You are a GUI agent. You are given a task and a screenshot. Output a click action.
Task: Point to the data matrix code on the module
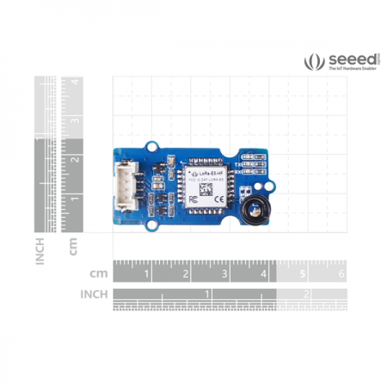point(207,186)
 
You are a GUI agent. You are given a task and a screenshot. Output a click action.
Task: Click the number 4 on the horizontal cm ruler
point(261,274)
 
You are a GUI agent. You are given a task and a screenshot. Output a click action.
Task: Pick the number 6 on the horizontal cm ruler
point(341,274)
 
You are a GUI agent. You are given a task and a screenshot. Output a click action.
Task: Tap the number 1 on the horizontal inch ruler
point(206,294)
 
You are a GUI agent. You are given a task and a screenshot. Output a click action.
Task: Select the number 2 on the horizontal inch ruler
point(306,294)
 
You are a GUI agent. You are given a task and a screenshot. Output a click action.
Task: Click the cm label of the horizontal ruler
point(99,273)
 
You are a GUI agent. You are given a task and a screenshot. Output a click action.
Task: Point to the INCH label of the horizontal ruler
point(94,294)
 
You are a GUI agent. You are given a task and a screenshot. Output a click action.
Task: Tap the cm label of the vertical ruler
point(76,247)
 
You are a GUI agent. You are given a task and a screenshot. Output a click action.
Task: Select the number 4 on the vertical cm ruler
point(76,83)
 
